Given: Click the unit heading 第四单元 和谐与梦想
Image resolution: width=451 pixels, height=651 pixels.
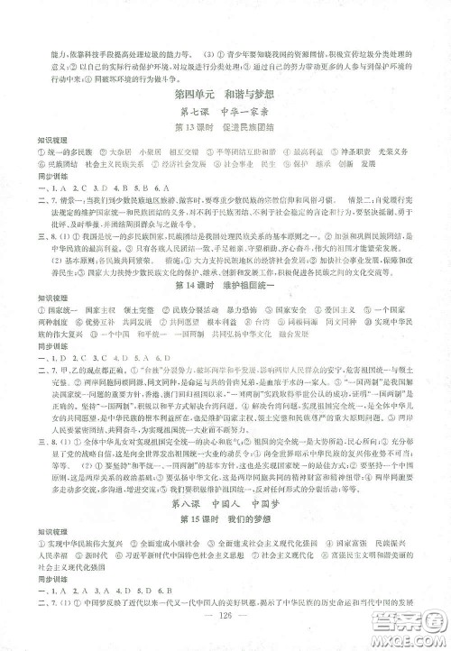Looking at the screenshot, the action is [225, 95].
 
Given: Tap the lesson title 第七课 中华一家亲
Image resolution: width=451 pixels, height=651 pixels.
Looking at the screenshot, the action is [225, 113].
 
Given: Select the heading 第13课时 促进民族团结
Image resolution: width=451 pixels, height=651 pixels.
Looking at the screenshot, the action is [225, 130].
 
